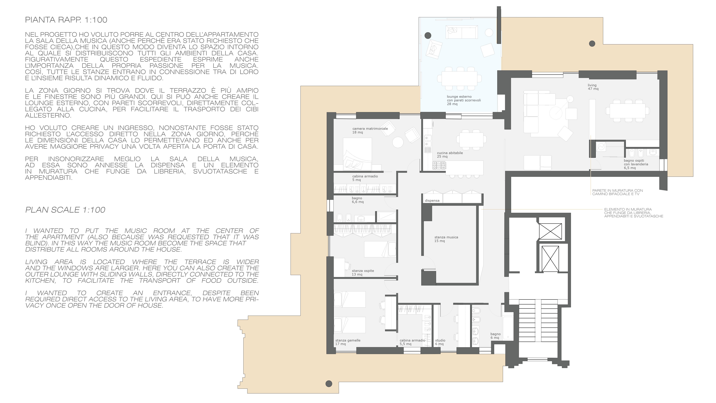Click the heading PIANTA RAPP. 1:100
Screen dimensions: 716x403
coord(66,20)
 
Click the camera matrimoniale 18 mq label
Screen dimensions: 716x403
coord(370,130)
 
